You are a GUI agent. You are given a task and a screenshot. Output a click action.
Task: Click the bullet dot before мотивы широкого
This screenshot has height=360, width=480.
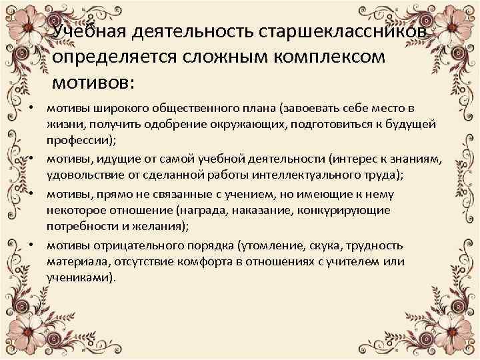tap(31, 108)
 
